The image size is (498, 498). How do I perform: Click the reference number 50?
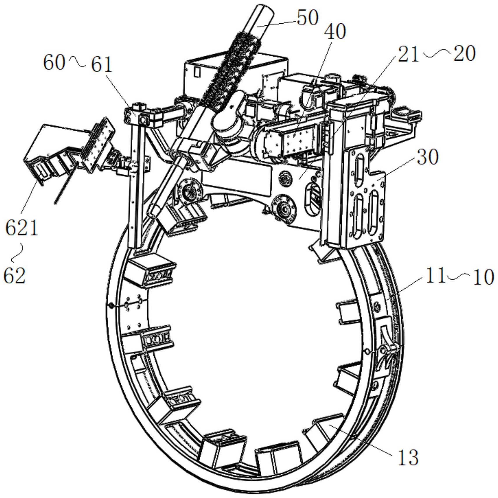coord(308,18)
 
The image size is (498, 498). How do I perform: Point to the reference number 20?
coord(464,54)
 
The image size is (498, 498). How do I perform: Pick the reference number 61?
coord(102,64)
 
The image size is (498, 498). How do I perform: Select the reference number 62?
coord(15,276)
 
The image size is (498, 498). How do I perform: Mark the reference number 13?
coord(408,457)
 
